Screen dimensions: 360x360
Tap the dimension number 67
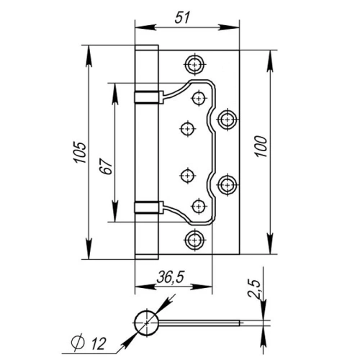tap(105, 165)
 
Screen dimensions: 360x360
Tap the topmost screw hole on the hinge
tap(194, 64)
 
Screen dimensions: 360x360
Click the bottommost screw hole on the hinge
tap(194, 239)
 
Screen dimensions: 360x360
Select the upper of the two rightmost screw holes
tap(228, 117)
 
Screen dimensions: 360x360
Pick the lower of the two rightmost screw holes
tap(228, 185)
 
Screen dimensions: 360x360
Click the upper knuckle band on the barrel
tap(145, 96)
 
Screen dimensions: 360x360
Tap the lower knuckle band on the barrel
tap(145, 207)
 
